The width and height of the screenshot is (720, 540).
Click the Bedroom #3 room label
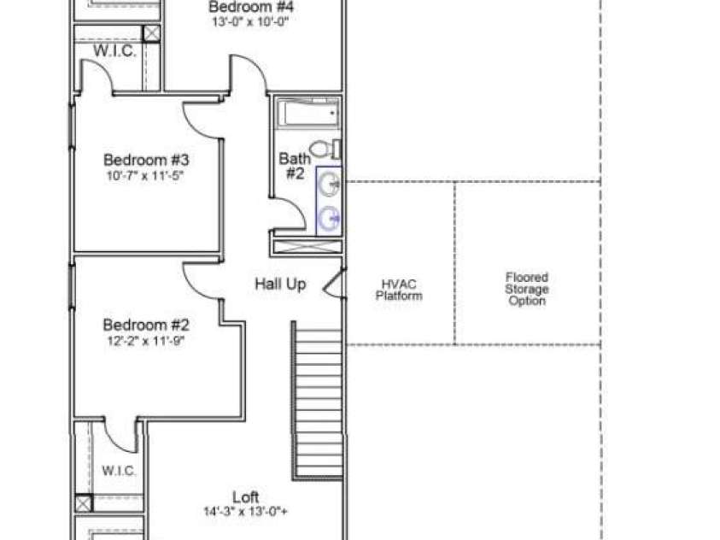tap(146, 160)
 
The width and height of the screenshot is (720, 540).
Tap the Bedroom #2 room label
tap(146, 325)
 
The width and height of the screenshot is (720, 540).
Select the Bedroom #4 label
tap(251, 7)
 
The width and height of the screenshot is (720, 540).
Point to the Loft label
tap(246, 496)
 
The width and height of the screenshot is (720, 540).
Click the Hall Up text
tap(280, 284)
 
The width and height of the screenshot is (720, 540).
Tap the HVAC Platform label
tap(399, 290)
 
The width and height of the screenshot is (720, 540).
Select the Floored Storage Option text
tap(527, 289)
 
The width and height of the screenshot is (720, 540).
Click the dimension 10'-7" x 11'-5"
tap(145, 176)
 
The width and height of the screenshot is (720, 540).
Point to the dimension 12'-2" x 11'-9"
tap(145, 341)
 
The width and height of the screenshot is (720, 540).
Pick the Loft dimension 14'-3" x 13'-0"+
tap(245, 511)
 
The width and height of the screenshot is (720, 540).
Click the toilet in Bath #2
tap(325, 149)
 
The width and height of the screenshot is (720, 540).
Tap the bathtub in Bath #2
tap(308, 114)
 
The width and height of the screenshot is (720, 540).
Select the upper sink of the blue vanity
tap(329, 185)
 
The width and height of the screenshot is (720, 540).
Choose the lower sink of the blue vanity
tap(329, 218)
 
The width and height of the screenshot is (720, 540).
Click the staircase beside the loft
tap(318, 400)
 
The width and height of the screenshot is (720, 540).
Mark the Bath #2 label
tap(295, 167)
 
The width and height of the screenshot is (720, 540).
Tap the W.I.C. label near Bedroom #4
tap(114, 50)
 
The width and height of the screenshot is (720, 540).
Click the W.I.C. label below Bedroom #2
tap(119, 471)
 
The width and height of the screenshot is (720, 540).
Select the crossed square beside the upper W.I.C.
tap(151, 34)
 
